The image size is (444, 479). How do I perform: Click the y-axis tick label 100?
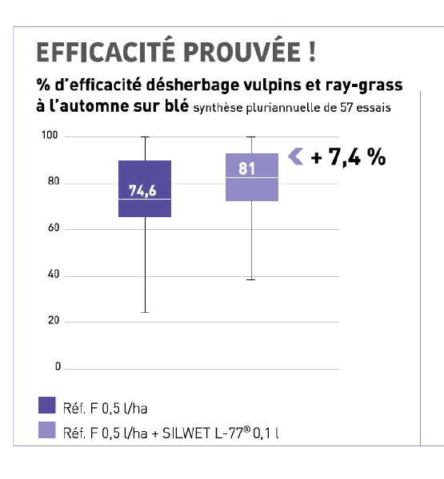click(x=50, y=135)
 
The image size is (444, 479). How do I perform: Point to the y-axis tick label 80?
click(x=54, y=181)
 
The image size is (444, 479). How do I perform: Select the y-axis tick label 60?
click(x=54, y=228)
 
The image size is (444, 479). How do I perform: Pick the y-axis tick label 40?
click(x=54, y=275)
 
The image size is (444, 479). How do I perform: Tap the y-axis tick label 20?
click(x=54, y=320)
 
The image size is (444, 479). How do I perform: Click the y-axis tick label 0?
click(x=58, y=366)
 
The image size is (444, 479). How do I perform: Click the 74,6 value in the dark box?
click(x=142, y=191)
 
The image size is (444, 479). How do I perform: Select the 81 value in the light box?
click(x=246, y=168)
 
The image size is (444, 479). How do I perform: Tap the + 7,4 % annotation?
click(x=348, y=157)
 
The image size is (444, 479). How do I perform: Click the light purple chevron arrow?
click(x=295, y=156)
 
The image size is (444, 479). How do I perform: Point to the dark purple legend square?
click(x=47, y=405)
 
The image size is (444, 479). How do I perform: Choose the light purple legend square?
click(x=47, y=430)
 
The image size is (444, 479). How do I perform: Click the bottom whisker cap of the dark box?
click(x=145, y=312)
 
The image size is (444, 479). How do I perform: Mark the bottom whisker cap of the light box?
click(x=250, y=279)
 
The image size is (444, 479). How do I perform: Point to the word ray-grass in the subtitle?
click(x=364, y=85)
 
